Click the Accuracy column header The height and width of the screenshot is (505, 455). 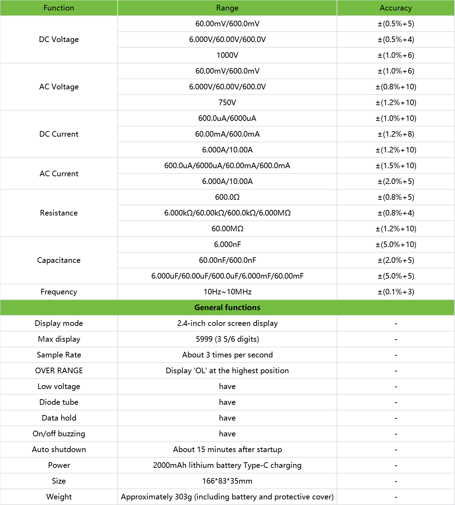coord(396,8)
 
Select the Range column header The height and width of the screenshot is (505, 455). coord(227,8)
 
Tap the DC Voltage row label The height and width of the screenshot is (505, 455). coord(59,40)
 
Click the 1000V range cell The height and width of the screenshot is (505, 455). coord(227,55)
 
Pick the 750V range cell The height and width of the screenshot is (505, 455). coord(227,103)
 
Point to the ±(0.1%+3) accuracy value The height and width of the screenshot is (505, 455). coord(396,292)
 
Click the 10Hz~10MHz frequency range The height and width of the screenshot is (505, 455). coord(227,292)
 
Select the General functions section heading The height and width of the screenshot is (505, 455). coord(227,308)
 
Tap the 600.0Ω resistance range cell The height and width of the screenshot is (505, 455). coord(227,197)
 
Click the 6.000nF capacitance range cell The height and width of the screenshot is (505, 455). coord(227,245)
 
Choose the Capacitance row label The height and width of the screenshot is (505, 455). coord(59,260)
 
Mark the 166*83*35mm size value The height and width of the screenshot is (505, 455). coord(227,481)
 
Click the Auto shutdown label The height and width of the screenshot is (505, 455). coord(59,450)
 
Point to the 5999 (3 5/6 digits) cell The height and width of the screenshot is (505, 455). coord(227,339)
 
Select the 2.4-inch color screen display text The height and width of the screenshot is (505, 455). coord(227,323)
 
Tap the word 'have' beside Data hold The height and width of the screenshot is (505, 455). coord(227,418)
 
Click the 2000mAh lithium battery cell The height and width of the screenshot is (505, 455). coord(227,465)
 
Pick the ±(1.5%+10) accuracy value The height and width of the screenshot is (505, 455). coord(396,166)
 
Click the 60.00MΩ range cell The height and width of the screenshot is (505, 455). coord(227,229)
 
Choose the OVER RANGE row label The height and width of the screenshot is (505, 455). coord(59,371)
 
